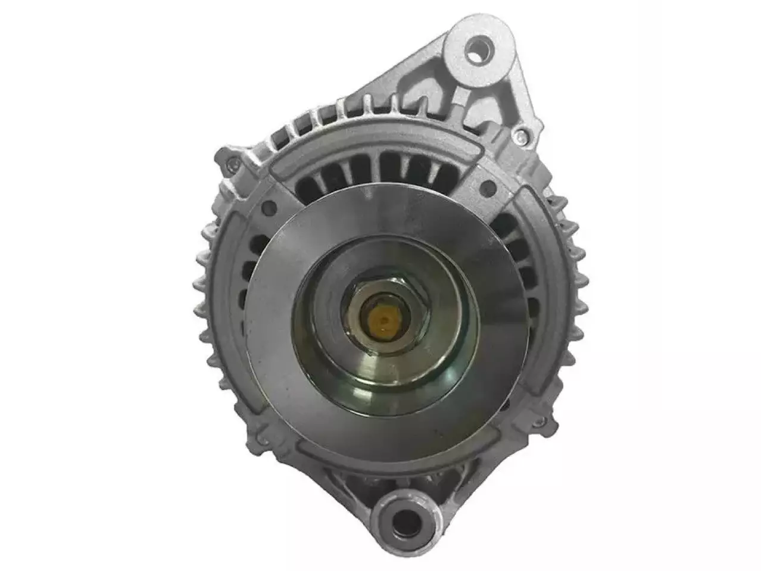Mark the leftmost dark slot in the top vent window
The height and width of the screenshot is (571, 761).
click(x=301, y=185)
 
